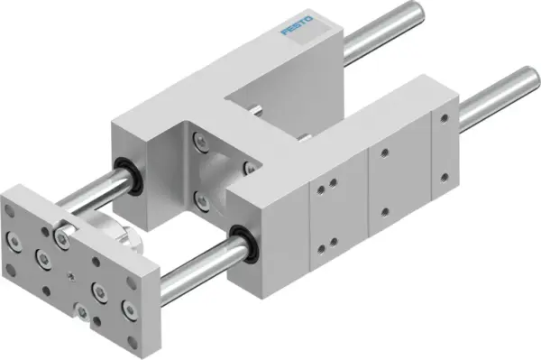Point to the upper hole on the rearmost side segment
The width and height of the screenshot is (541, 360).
click(443, 118)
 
